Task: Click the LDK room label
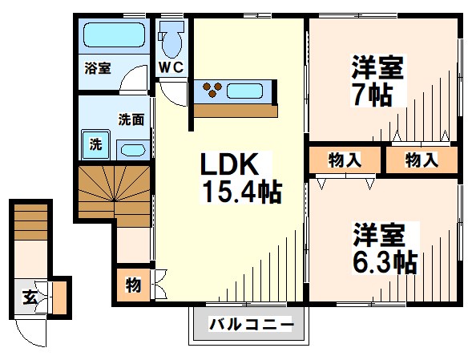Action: pyautogui.click(x=228, y=165)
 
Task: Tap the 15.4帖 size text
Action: pyautogui.click(x=240, y=192)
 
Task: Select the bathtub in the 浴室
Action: pyautogui.click(x=114, y=36)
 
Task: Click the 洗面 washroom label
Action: pyautogui.click(x=131, y=120)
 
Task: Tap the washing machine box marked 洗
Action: pyautogui.click(x=95, y=145)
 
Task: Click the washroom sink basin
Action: pyautogui.click(x=131, y=149)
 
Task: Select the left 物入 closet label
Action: pyautogui.click(x=345, y=160)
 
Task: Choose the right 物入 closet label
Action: pyautogui.click(x=422, y=160)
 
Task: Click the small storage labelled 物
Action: pyautogui.click(x=132, y=284)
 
